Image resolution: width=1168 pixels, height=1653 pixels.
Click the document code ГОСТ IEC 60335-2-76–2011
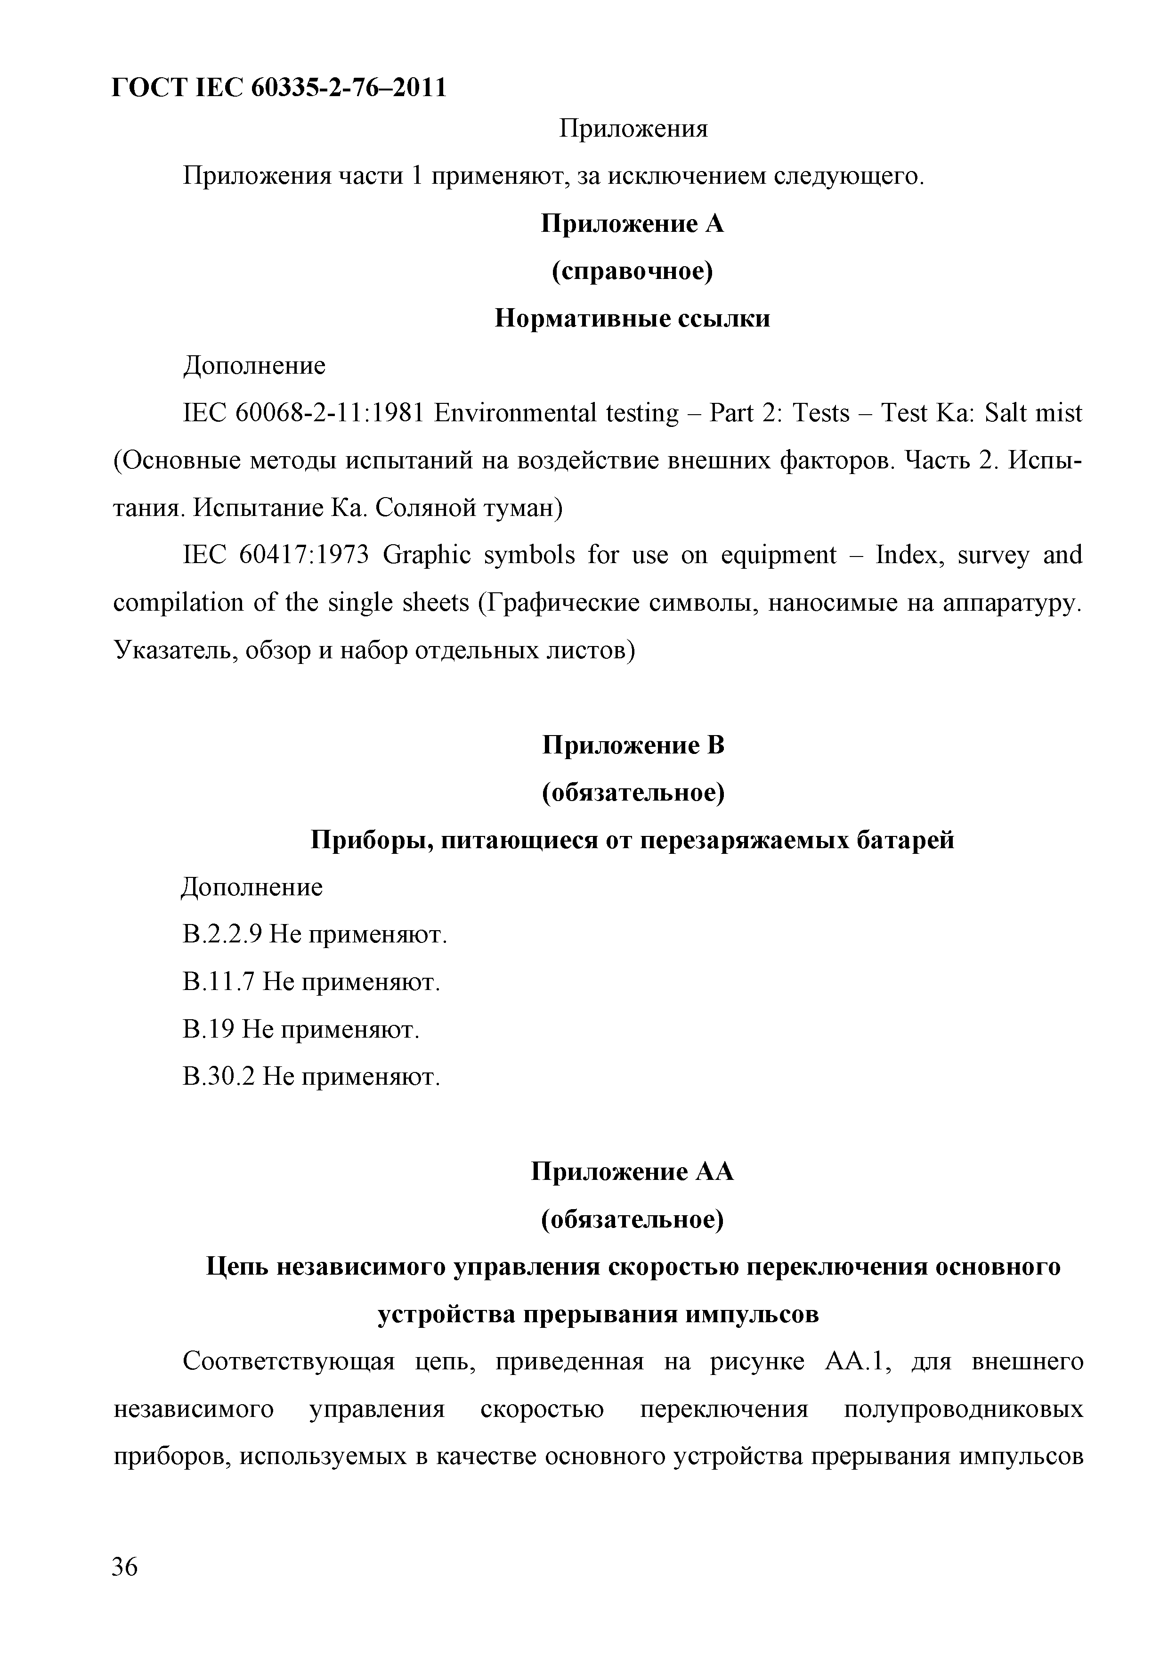click(x=279, y=87)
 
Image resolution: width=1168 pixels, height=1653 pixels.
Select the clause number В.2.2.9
click(x=221, y=935)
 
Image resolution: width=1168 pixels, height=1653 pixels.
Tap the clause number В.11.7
click(x=218, y=982)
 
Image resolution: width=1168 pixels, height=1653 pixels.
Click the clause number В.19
click(x=208, y=1030)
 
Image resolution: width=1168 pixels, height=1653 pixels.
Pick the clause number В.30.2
click(x=218, y=1077)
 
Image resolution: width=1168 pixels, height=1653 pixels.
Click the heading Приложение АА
click(x=633, y=1172)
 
